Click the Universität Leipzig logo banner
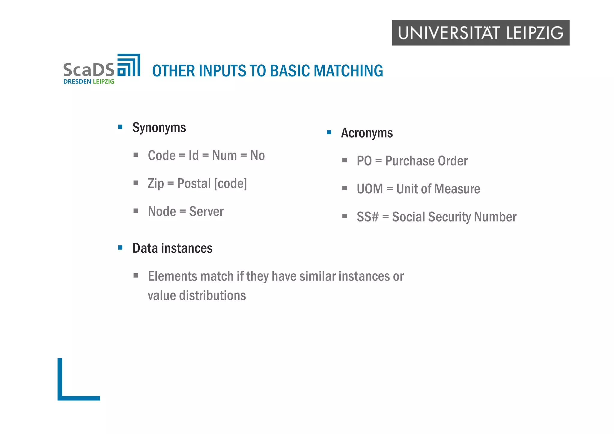(480, 33)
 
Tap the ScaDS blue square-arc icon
(129, 65)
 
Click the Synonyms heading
(159, 128)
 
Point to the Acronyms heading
(367, 133)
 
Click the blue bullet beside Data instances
(120, 248)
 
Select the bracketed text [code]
(230, 183)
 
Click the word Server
(206, 212)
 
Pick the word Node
(162, 212)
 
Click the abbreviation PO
(364, 161)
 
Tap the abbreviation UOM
(370, 189)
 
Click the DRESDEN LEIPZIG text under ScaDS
(89, 82)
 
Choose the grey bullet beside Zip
(136, 183)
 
